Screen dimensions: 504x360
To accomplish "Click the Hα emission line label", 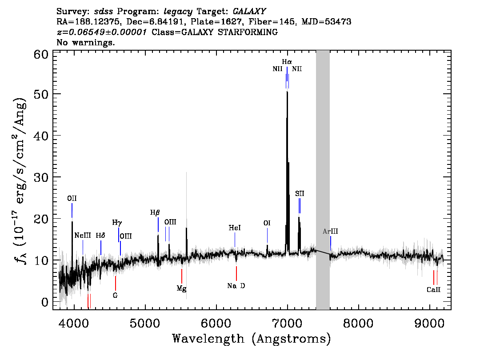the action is click(287, 62).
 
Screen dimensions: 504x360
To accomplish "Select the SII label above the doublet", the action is click(300, 193).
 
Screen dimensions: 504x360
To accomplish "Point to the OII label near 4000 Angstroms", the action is click(72, 198).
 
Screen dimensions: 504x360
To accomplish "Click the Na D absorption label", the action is click(236, 286).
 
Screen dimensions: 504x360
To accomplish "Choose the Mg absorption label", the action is click(182, 288).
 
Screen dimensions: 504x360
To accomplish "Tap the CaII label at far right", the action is click(434, 290).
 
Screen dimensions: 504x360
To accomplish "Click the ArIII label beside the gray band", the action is click(330, 232).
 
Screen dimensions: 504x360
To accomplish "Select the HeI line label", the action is click(235, 228).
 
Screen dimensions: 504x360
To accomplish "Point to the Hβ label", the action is click(155, 212).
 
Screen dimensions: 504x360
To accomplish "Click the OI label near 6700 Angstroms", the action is click(267, 223).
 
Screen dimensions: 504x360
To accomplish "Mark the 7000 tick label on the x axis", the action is click(287, 323).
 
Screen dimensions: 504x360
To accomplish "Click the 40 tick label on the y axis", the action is click(41, 136).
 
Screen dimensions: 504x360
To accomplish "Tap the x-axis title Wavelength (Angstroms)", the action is click(252, 339).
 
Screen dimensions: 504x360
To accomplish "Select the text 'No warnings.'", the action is click(85, 42).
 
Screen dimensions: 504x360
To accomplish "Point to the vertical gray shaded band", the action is click(323, 180).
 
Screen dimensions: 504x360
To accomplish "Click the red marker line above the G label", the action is click(116, 283).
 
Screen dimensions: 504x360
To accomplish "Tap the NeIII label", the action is click(83, 235).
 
